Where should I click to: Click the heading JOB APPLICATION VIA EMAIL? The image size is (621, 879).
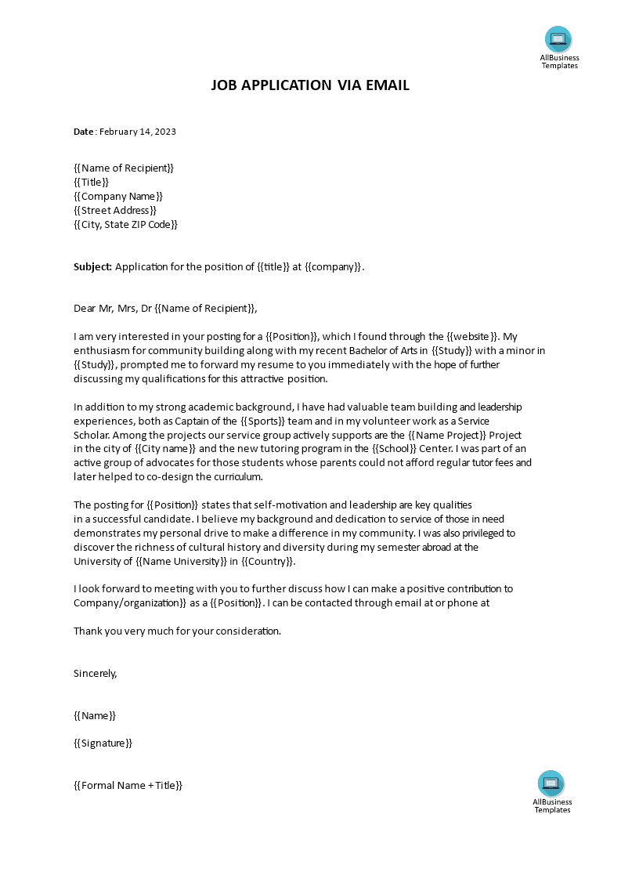point(310,85)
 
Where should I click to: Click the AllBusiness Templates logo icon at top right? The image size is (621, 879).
point(558,38)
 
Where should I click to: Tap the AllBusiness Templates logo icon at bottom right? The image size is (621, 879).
point(551,783)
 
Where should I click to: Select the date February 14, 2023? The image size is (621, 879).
point(137,132)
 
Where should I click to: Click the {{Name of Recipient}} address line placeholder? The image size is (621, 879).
point(124,168)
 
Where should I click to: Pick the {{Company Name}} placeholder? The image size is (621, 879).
point(118,197)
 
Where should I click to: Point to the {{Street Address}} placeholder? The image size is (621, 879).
point(115,211)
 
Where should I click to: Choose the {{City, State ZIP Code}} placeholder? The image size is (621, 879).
point(126,225)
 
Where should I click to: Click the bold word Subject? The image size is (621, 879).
point(93,267)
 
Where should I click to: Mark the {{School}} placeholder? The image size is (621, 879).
point(400,449)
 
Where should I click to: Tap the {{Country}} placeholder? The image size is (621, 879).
point(268,562)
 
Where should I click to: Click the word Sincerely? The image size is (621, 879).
point(95,673)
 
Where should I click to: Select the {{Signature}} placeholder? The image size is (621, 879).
point(103,743)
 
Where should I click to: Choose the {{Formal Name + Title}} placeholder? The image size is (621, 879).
point(128,786)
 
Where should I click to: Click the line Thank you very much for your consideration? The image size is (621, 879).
point(177,631)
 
